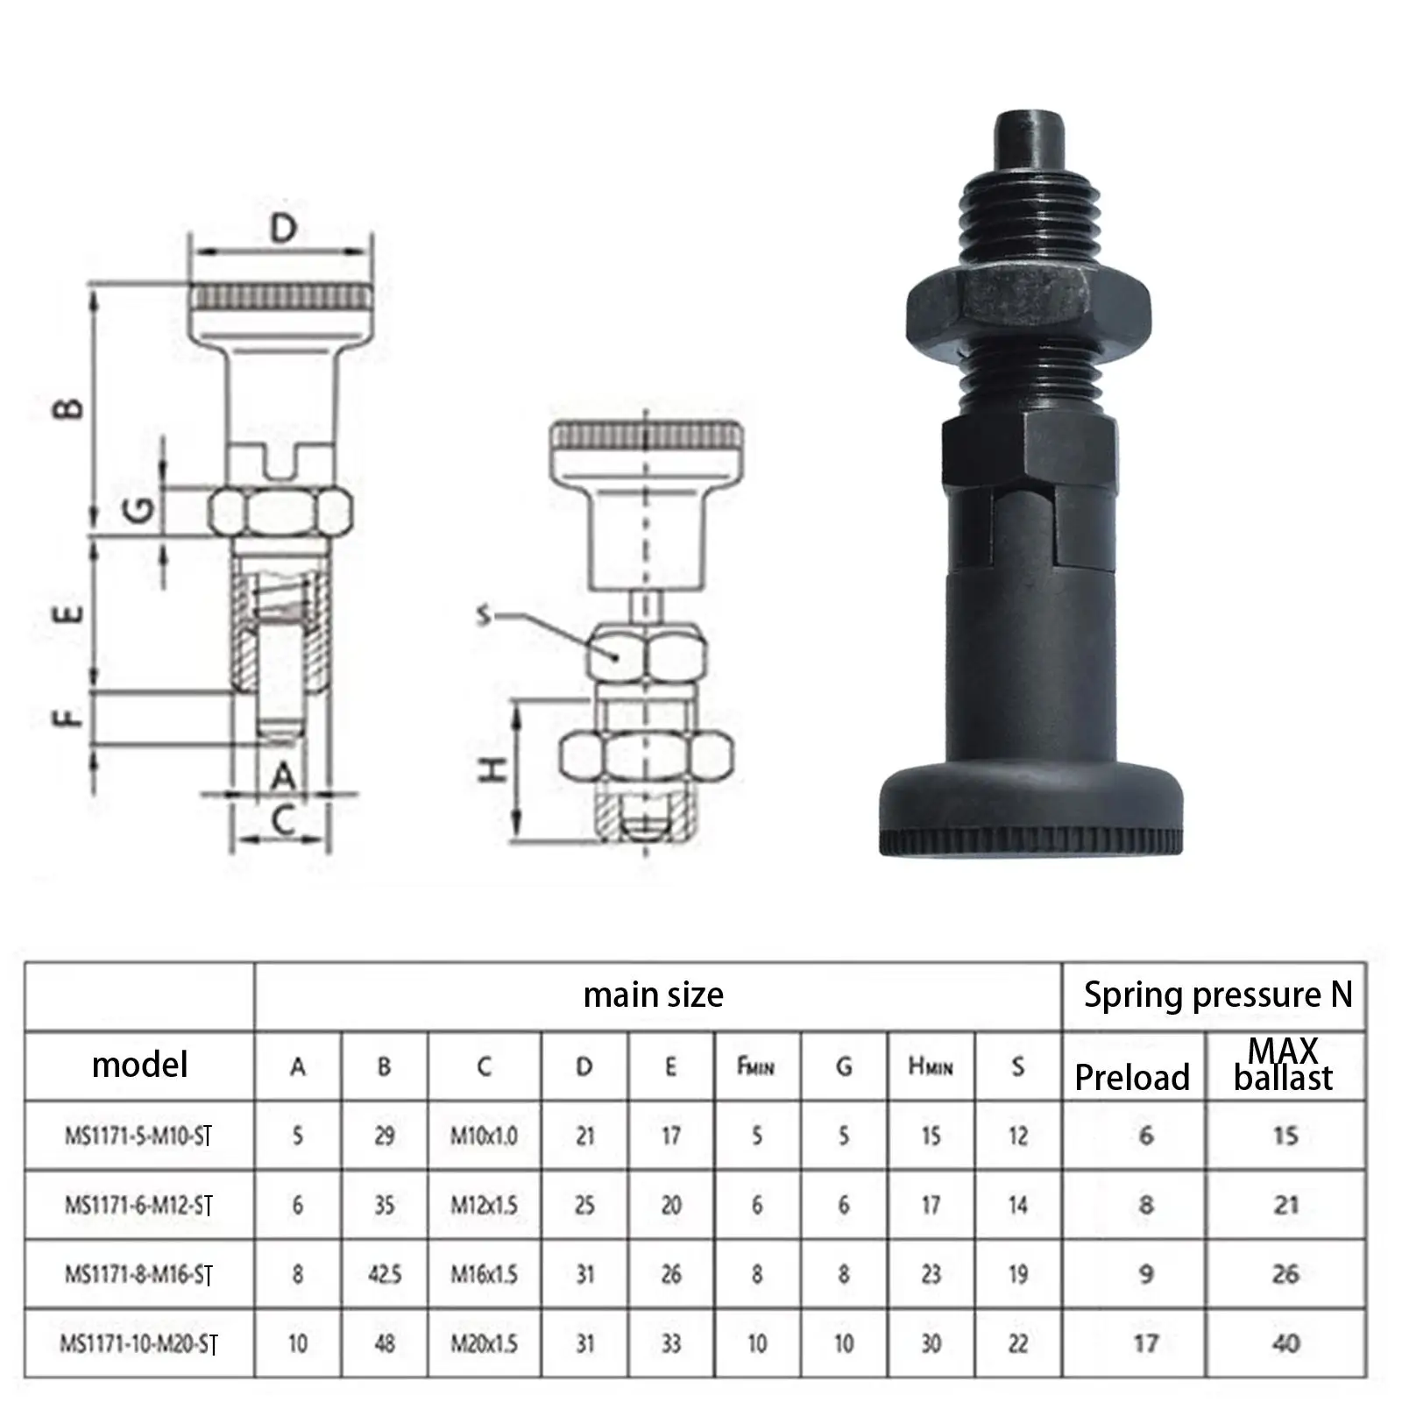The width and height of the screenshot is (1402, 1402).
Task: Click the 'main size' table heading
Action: point(654,995)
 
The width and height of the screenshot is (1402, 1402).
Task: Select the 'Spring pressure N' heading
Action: point(1218,995)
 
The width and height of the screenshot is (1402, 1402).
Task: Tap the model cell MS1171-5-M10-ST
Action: point(138,1136)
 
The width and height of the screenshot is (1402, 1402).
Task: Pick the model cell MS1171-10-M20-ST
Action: point(138,1343)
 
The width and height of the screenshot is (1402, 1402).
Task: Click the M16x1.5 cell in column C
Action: point(485,1274)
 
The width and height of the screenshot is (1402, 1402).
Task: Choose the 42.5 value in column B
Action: point(385,1274)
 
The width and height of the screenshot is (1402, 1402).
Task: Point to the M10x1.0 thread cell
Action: point(485,1136)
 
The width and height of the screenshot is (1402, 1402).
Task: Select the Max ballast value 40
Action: point(1285,1343)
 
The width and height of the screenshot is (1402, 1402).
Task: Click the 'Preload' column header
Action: point(1132,1077)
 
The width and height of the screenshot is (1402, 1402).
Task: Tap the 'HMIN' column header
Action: point(931,1066)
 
